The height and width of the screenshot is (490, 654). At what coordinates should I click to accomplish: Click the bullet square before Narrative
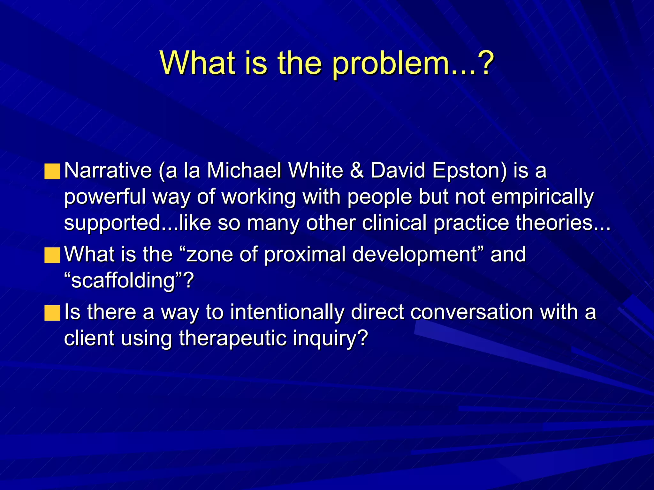coord(52,172)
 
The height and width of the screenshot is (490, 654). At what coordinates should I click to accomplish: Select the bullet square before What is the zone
coord(52,255)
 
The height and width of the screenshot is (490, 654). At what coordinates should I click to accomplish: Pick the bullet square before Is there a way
coord(52,313)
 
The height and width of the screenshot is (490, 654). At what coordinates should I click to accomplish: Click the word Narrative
coord(108,171)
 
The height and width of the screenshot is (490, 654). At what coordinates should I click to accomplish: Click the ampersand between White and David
coord(357,171)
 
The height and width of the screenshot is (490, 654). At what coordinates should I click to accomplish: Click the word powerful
coord(105,197)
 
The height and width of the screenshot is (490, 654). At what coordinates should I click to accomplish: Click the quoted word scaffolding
coord(123,281)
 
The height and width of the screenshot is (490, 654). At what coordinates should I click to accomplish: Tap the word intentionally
coord(287,312)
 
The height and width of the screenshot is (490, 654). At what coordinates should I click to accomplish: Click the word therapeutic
coord(232,338)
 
